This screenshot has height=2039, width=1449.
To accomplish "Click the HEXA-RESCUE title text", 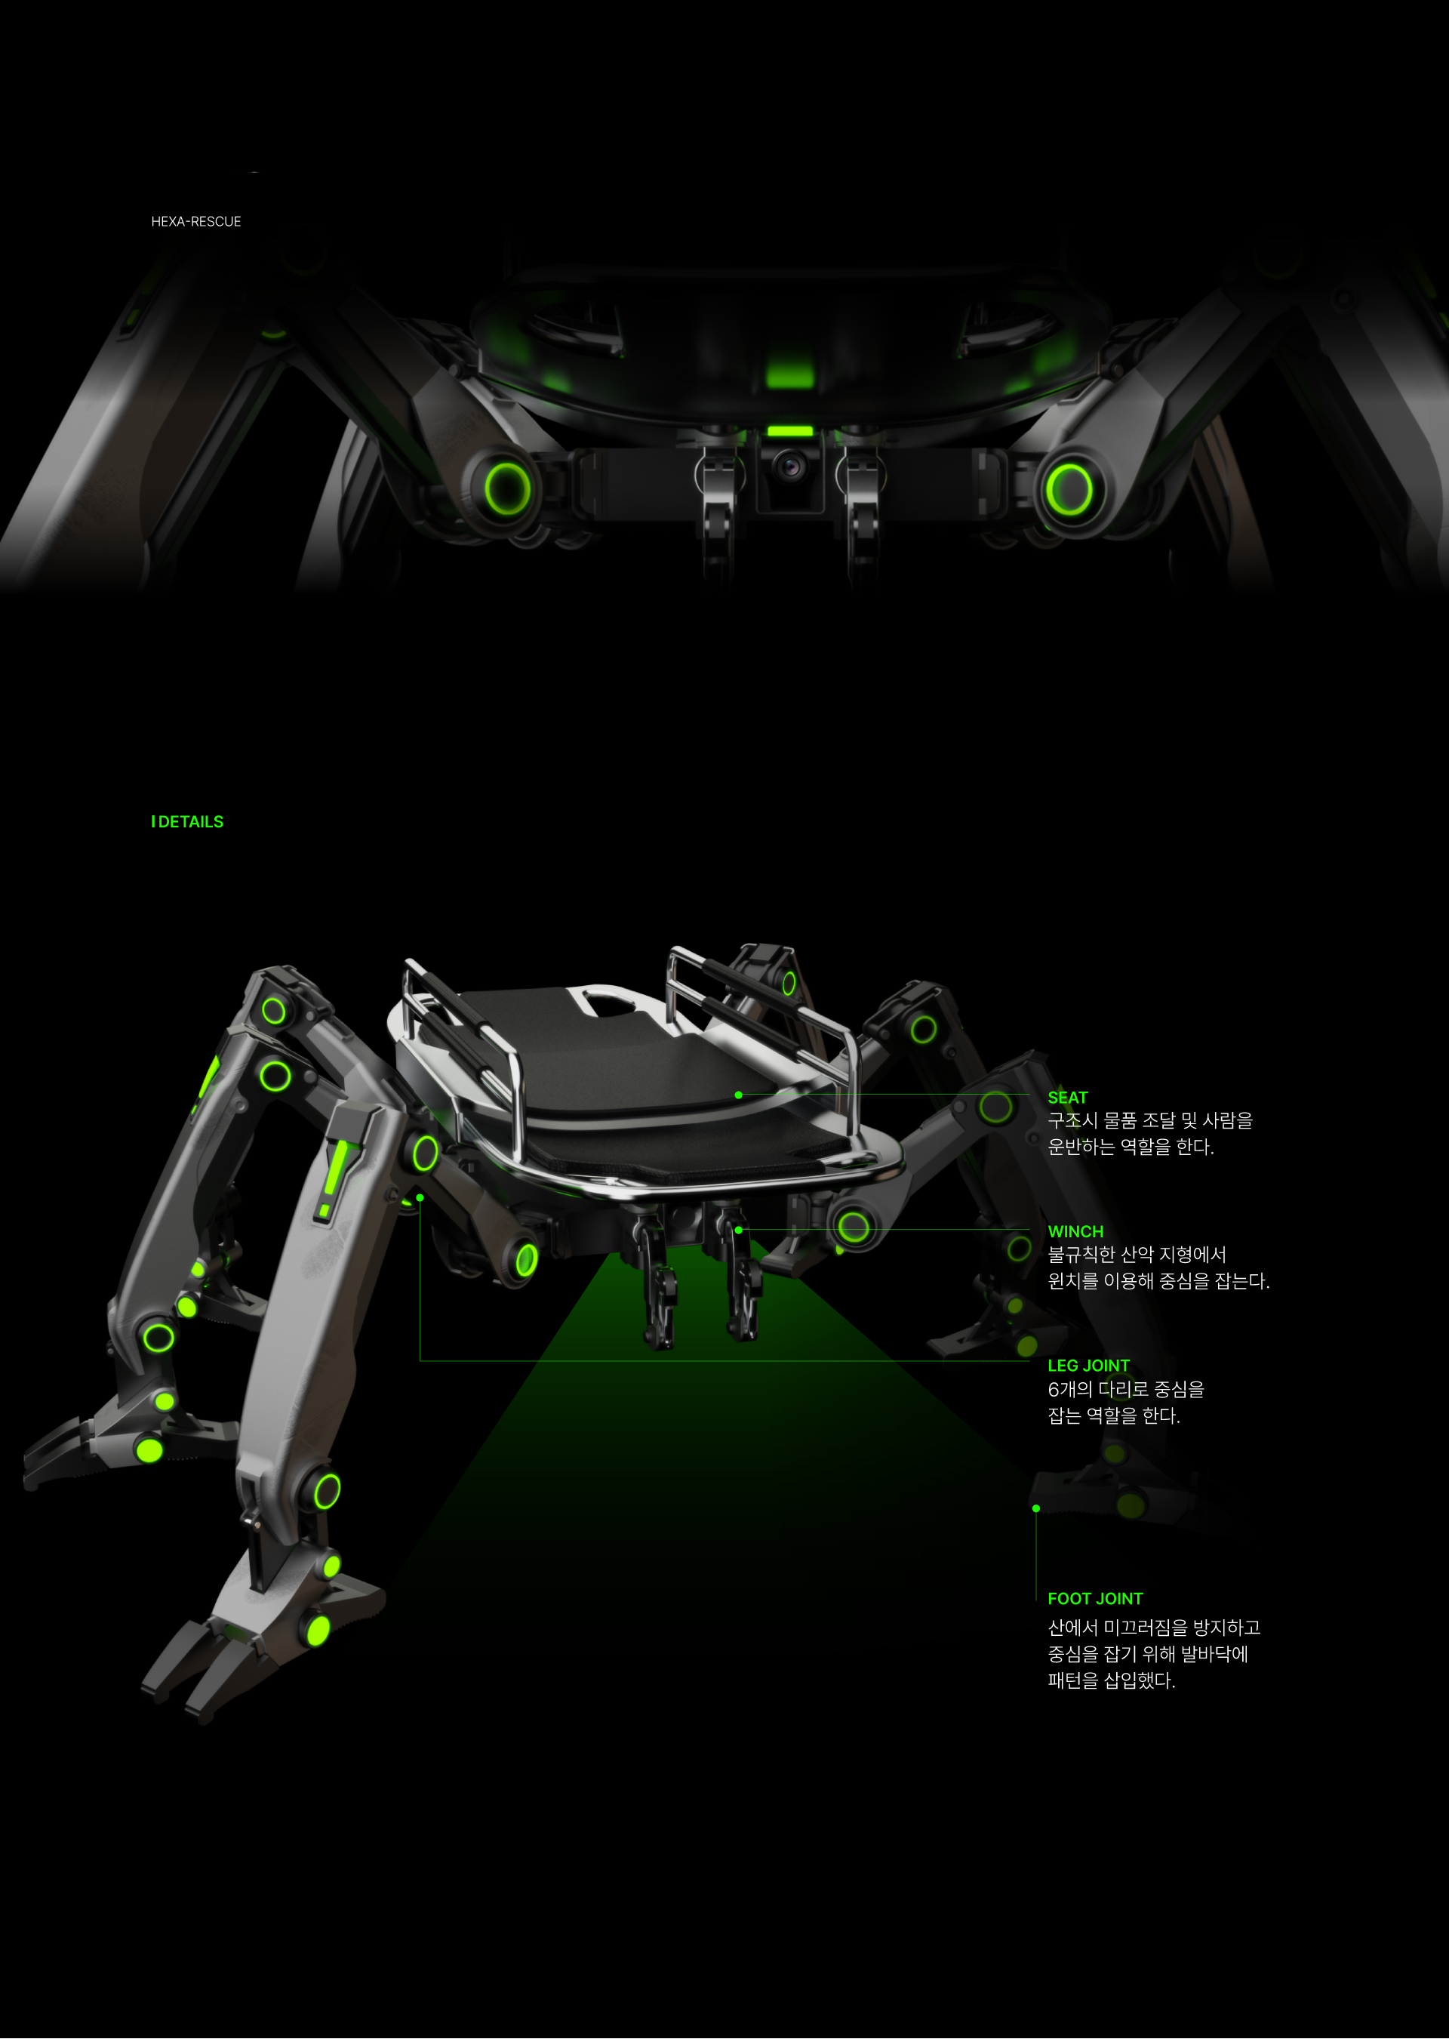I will coord(195,221).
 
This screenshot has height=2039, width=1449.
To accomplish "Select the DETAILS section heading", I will coord(187,822).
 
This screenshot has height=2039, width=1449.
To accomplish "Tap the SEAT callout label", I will coord(1067,1098).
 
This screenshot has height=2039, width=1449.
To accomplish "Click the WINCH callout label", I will coord(1075,1231).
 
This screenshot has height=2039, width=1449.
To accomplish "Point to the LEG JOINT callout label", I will coord(1088,1366).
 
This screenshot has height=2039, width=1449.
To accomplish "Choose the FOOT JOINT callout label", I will coord(1095,1598).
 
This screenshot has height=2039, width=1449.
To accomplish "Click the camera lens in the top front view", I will coord(789,466).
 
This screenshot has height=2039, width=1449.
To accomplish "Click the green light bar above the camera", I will coord(789,432).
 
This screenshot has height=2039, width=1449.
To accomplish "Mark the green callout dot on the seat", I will coord(739,1095).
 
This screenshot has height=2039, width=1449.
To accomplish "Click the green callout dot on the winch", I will coord(739,1230).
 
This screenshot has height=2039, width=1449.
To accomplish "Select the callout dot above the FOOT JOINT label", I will coord(1036,1508).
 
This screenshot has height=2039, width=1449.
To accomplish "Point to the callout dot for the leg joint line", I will coord(420,1197).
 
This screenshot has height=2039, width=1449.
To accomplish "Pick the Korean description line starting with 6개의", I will coord(1125,1389).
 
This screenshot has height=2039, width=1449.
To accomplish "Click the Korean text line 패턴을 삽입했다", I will coord(1111,1680).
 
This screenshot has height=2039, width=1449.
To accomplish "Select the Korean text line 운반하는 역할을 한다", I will coord(1131,1147).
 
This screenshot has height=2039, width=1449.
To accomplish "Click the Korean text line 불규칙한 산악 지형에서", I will coord(1137,1255).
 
